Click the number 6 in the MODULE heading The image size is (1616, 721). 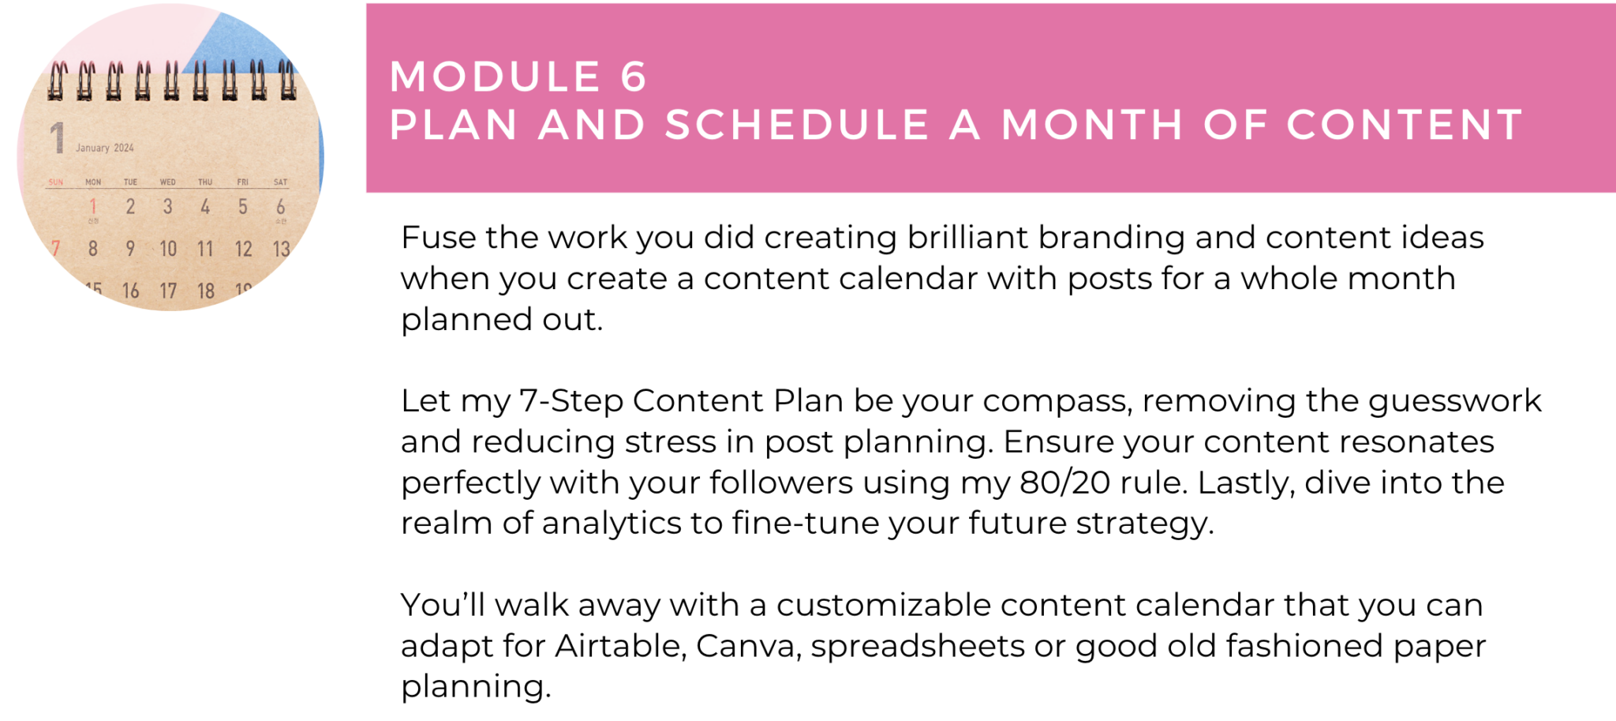coord(633,77)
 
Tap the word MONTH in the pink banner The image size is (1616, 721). coord(1093,125)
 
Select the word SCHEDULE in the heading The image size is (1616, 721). coord(797,125)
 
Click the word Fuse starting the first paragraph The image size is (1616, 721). coord(437,237)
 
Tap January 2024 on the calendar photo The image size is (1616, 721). coord(105,148)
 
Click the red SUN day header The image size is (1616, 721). coord(55,182)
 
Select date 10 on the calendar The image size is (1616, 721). coord(168,249)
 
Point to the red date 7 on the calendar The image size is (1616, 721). coord(55,249)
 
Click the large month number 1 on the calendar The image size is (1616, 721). coord(57,137)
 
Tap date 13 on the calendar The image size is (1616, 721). coord(282,250)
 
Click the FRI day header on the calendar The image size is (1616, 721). coord(243,182)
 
